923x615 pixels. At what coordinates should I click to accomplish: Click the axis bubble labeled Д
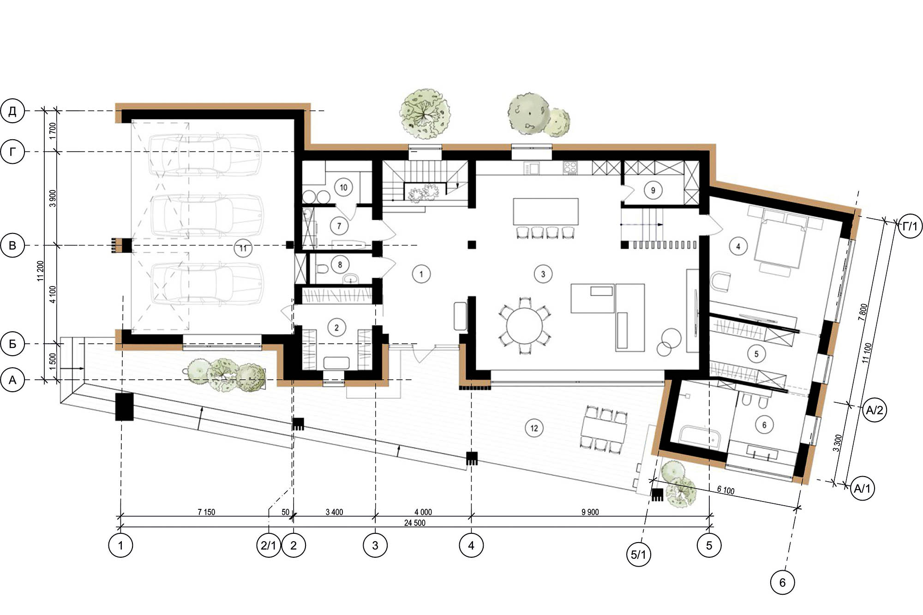point(12,111)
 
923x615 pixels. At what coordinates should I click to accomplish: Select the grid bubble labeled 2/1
point(268,545)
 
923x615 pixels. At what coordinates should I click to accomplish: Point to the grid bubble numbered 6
point(782,582)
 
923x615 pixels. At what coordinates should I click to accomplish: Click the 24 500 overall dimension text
point(414,523)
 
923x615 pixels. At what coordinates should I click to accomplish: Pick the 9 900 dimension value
point(590,512)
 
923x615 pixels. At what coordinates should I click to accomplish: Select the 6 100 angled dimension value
point(725,490)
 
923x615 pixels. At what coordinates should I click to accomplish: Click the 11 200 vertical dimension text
point(41,271)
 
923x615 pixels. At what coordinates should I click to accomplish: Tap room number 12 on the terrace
point(534,428)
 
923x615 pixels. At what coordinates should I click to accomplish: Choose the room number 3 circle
point(543,274)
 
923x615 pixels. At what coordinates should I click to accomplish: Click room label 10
point(343,187)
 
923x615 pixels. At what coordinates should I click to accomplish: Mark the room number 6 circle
point(764,425)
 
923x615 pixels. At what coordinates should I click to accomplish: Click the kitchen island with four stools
point(546,211)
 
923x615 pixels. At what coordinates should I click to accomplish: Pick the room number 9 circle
point(653,190)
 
